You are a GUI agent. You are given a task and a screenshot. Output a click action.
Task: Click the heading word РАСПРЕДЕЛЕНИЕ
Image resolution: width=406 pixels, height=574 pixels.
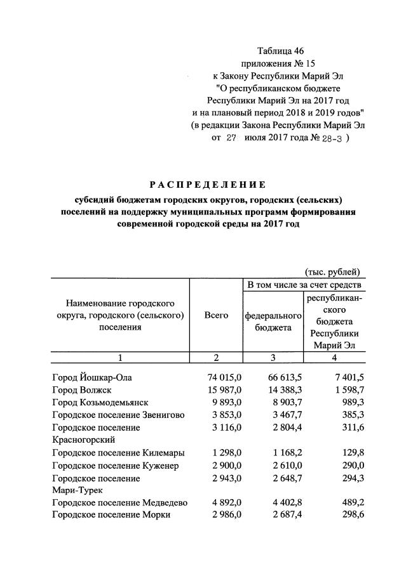click(x=206, y=185)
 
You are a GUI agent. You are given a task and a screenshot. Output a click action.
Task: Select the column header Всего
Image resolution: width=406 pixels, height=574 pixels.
click(x=216, y=316)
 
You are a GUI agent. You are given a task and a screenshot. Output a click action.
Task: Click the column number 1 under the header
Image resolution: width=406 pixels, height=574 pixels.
click(x=120, y=356)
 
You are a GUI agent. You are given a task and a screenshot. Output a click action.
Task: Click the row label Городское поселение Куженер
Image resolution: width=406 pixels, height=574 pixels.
click(x=116, y=466)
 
